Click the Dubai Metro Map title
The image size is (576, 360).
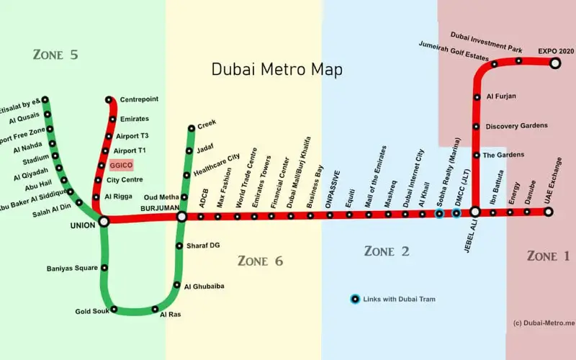[277, 70]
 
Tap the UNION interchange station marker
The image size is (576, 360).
[104, 222]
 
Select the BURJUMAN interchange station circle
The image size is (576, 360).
[182, 215]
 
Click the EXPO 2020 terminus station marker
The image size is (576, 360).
[555, 63]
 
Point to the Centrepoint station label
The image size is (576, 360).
[140, 99]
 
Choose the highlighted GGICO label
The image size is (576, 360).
[120, 165]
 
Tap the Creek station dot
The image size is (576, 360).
[192, 129]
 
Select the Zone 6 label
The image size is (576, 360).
[261, 261]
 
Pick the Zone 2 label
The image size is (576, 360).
[387, 251]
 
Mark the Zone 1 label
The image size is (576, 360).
[548, 256]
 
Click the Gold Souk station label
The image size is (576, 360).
[91, 312]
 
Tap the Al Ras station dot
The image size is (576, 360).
[154, 310]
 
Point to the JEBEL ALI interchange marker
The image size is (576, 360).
[475, 212]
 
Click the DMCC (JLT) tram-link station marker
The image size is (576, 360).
[456, 213]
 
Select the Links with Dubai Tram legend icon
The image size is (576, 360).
[355, 299]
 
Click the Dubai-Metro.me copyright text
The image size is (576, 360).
[544, 323]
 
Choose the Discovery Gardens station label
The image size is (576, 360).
[516, 126]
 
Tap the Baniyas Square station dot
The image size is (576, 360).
[105, 268]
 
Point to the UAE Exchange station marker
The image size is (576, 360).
[548, 212]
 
